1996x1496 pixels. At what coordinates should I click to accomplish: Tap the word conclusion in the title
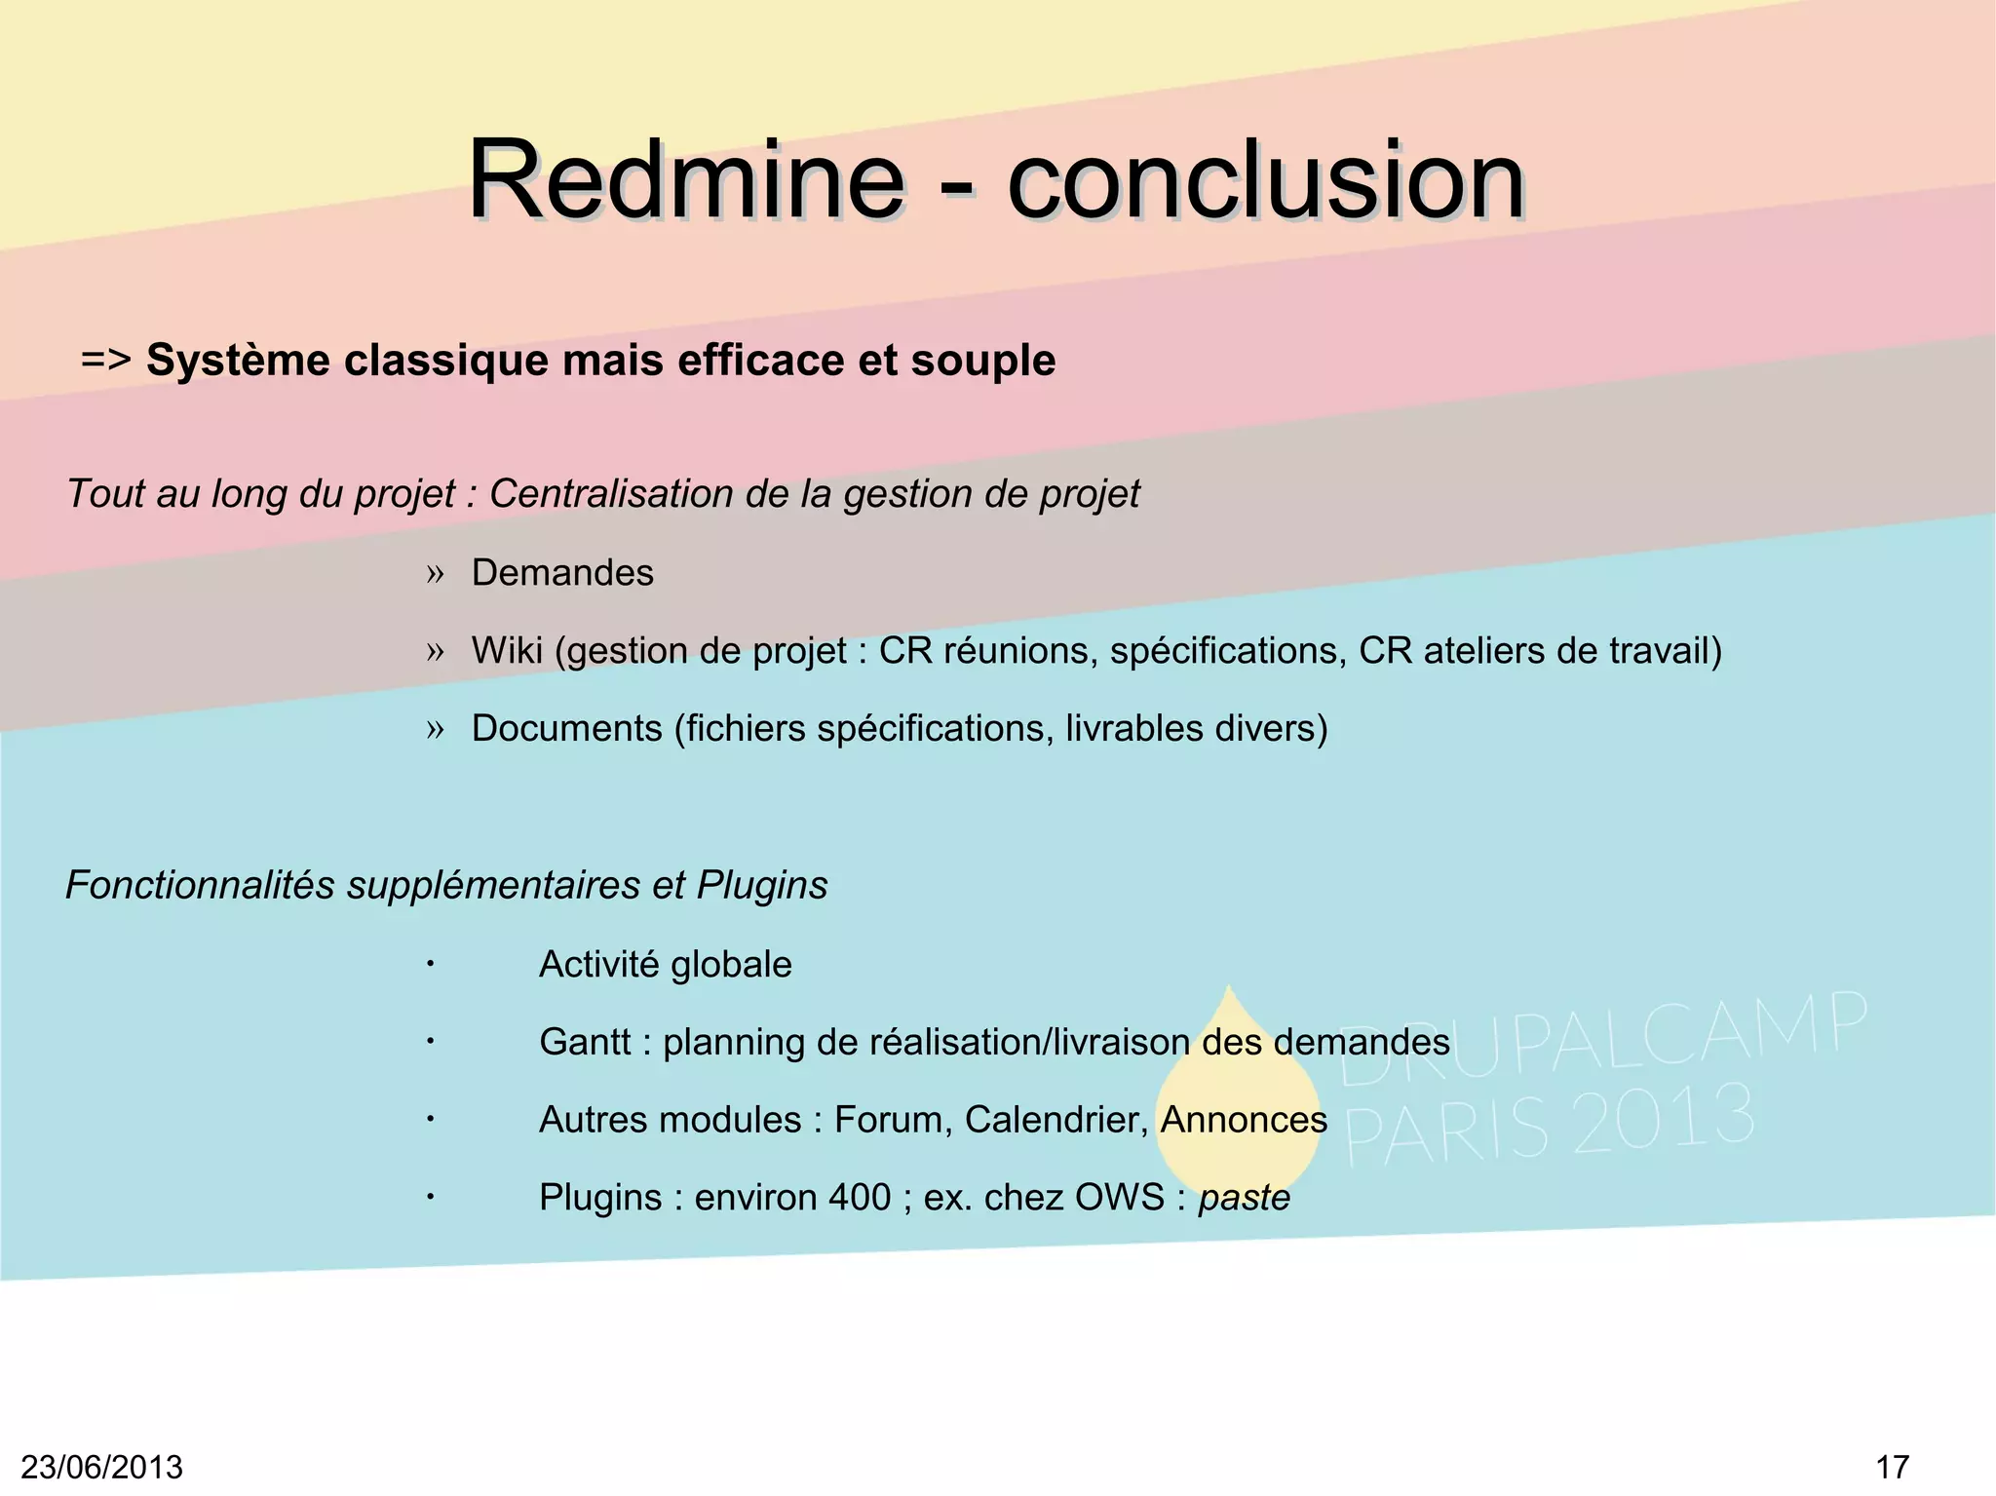coord(1265,180)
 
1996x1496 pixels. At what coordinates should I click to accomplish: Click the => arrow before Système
coord(105,360)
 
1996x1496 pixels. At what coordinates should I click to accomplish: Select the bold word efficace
coord(760,360)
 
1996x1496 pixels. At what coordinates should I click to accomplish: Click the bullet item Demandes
coord(562,573)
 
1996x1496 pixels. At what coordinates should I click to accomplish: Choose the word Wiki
coord(507,650)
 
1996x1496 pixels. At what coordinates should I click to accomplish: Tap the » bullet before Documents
coord(435,729)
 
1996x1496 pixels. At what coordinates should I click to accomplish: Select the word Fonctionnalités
coord(200,885)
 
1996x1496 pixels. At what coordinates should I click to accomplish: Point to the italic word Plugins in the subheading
coord(762,885)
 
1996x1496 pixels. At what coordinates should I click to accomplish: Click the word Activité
coord(598,965)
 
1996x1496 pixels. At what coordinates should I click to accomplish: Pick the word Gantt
coord(585,1043)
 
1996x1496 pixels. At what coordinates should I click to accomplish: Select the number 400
coord(859,1198)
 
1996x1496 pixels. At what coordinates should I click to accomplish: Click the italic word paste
coord(1244,1198)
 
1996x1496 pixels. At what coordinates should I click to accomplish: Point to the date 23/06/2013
coord(102,1467)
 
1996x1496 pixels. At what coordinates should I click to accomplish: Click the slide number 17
coord(1892,1467)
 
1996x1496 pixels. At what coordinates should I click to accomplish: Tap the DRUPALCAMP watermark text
coord(1603,1038)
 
